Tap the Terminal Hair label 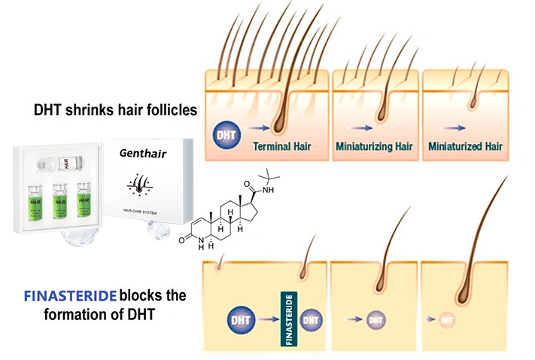click(x=282, y=145)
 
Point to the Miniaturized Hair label click(x=465, y=145)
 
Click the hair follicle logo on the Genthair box click(x=143, y=184)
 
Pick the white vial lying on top click(x=60, y=162)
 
